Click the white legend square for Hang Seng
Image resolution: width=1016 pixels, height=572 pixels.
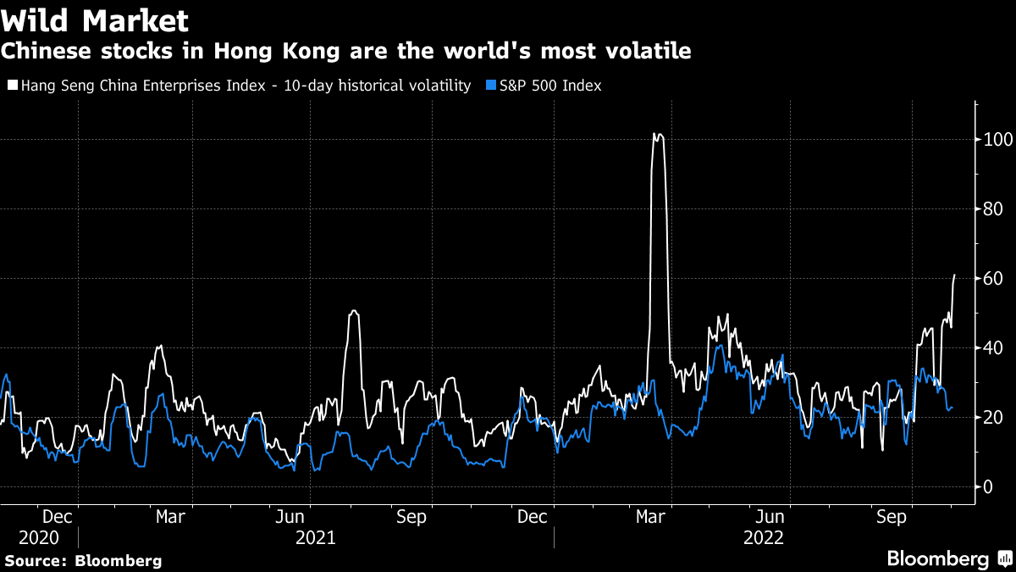point(12,86)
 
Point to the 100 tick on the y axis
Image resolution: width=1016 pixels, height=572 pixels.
point(997,140)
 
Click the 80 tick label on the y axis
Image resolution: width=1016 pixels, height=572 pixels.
point(992,209)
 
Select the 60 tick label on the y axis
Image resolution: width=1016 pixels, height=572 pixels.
point(992,279)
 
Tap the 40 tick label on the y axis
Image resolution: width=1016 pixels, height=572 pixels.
point(992,348)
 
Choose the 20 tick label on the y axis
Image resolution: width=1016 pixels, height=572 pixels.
point(992,417)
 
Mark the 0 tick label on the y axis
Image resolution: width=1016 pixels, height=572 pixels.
point(987,486)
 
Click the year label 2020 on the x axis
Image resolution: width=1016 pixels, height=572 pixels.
point(39,538)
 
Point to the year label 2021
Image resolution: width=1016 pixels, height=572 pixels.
point(316,538)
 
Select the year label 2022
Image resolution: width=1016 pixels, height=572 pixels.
point(764,538)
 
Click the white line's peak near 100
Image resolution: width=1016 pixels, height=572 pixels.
point(657,133)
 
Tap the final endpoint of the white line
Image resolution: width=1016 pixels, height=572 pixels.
point(955,275)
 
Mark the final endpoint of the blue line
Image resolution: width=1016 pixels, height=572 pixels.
point(952,408)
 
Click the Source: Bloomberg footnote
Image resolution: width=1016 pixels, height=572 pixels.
point(83,560)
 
